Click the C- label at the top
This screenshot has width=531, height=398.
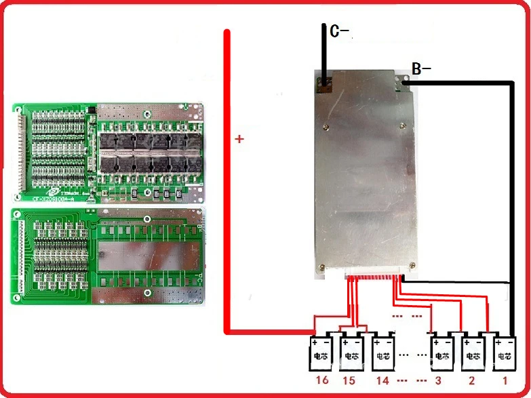(339, 31)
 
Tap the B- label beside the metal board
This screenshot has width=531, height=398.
(421, 68)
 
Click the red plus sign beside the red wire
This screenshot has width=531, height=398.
(239, 140)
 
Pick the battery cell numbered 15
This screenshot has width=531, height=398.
(352, 352)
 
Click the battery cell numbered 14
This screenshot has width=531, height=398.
(383, 352)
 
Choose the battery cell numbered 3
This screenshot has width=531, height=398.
(441, 352)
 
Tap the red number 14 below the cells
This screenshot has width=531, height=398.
(383, 380)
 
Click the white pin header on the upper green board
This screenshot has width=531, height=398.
(18, 152)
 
